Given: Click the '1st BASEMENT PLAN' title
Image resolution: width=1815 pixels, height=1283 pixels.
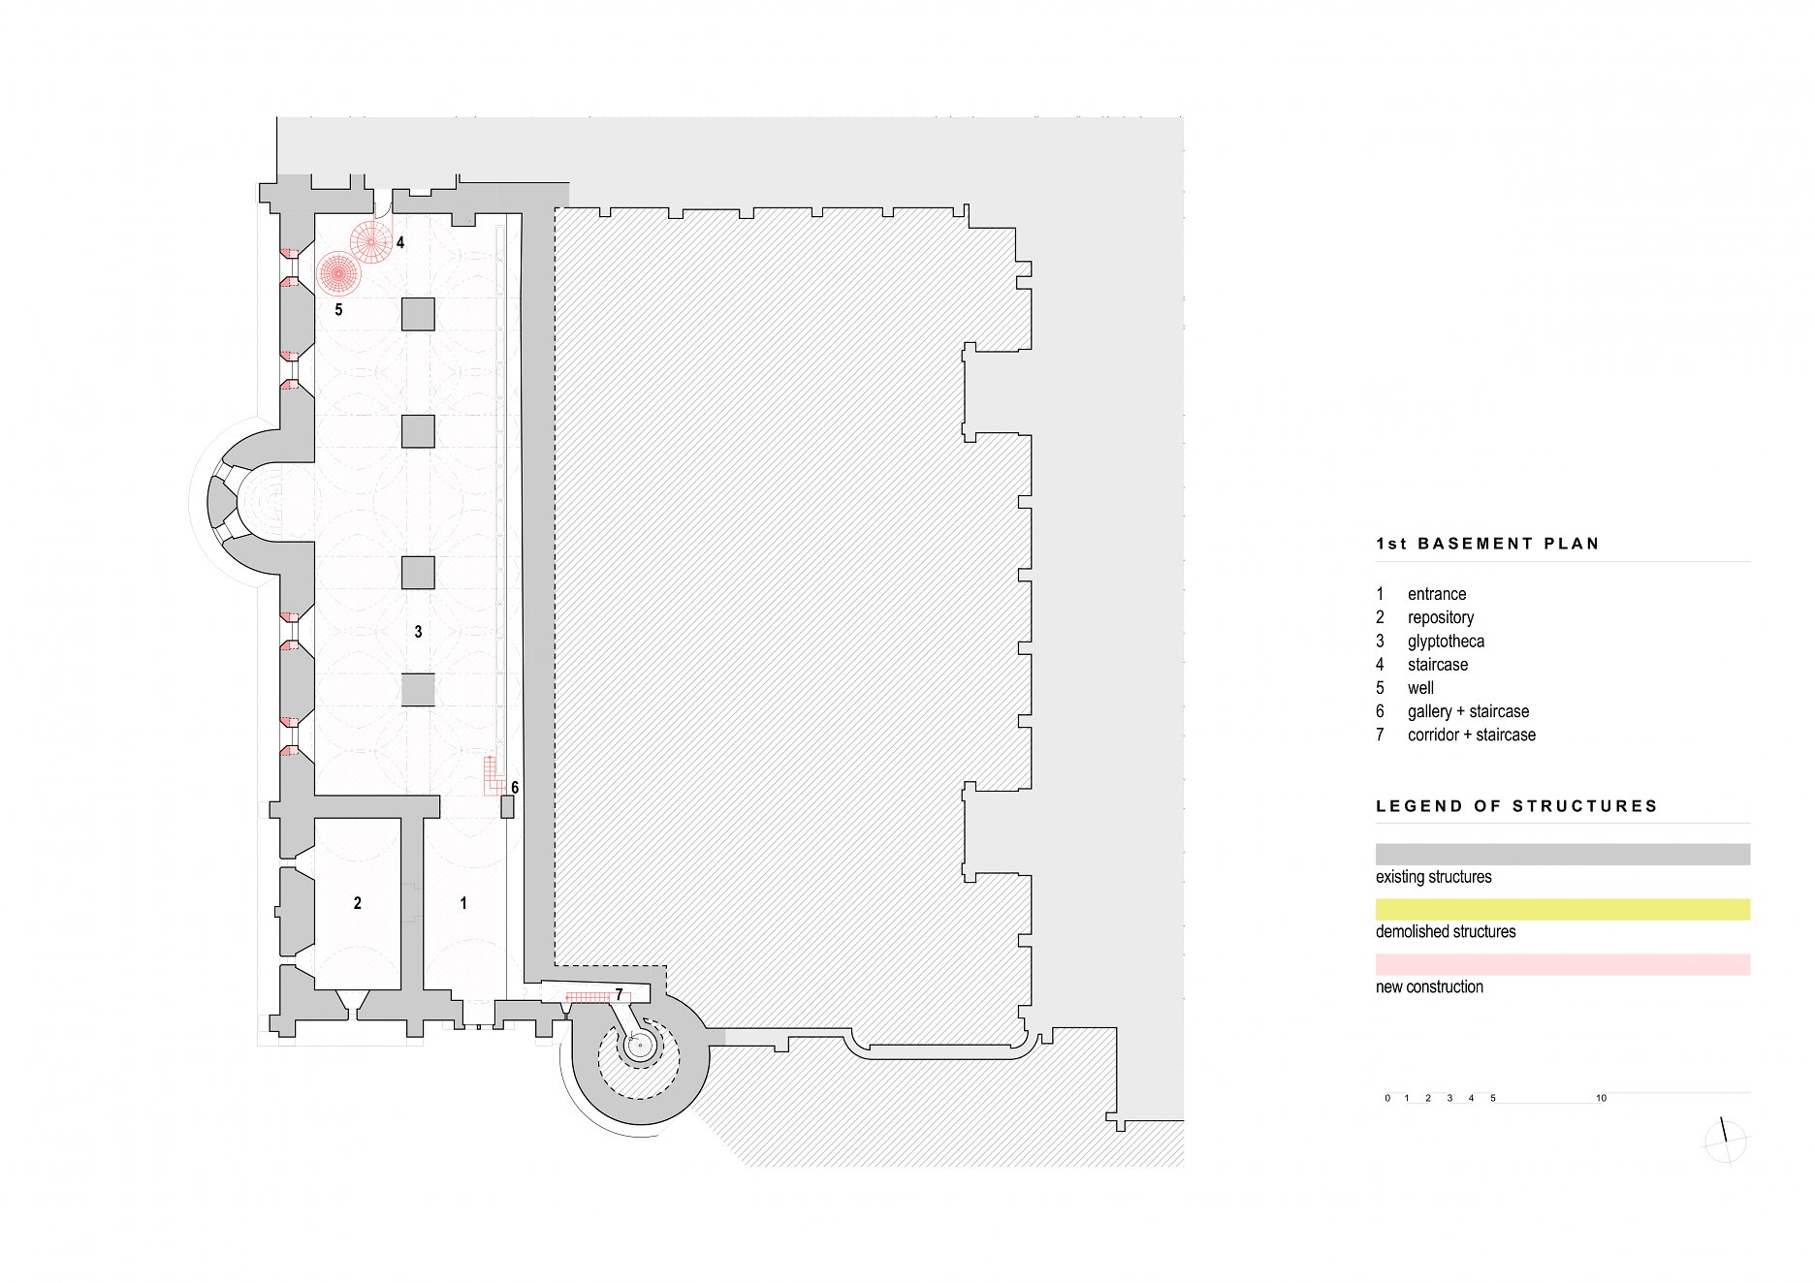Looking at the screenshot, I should point(1486,544).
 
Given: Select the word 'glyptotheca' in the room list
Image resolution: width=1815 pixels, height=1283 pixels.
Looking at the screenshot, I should point(1446,641).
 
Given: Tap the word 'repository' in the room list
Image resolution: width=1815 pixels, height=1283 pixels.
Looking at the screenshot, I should point(1440,617).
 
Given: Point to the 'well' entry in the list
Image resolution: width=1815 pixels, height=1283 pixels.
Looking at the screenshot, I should point(1420,688).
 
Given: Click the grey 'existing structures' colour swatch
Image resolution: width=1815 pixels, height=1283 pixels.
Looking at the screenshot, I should point(1562,854).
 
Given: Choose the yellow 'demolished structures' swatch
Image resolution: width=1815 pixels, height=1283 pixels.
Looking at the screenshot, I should point(1562,909).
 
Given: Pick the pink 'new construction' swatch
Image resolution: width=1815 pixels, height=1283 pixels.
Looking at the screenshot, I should point(1562,964).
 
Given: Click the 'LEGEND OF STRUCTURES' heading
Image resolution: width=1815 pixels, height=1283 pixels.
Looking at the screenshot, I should point(1516,806).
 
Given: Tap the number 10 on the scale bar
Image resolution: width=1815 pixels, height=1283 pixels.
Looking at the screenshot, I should point(1601,1098).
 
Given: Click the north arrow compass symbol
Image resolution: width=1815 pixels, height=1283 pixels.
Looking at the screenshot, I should point(1724,1142).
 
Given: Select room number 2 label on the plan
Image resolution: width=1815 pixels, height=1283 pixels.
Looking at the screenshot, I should point(358,903).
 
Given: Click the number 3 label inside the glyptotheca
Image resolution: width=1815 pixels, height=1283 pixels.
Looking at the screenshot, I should point(418,632).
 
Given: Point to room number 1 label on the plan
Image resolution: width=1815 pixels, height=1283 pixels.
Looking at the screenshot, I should point(463,903).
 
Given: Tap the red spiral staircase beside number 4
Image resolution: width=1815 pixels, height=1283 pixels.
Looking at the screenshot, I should point(370,241).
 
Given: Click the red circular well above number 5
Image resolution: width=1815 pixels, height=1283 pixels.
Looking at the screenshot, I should point(338,273).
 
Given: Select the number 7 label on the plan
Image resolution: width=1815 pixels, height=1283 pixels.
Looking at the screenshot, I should point(619,995).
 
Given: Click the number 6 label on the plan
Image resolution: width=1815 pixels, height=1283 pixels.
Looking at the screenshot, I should point(515,788).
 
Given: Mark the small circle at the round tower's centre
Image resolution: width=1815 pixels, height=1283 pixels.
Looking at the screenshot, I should point(639,1046).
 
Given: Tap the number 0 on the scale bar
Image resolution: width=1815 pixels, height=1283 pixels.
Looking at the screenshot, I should point(1387,1098).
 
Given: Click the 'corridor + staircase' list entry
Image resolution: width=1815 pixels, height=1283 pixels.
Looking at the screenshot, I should point(1471,735).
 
